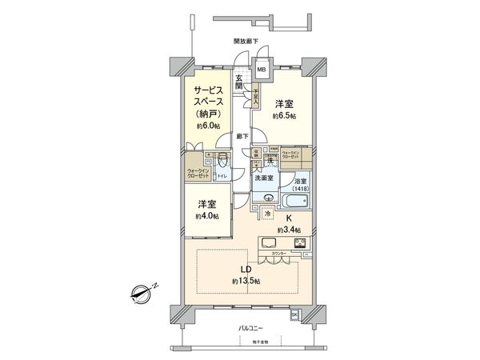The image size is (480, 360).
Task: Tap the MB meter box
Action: [262, 70]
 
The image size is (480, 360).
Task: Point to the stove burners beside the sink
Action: [298, 243]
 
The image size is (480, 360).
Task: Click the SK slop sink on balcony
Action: [294, 314]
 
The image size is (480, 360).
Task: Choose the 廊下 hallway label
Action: [242, 136]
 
